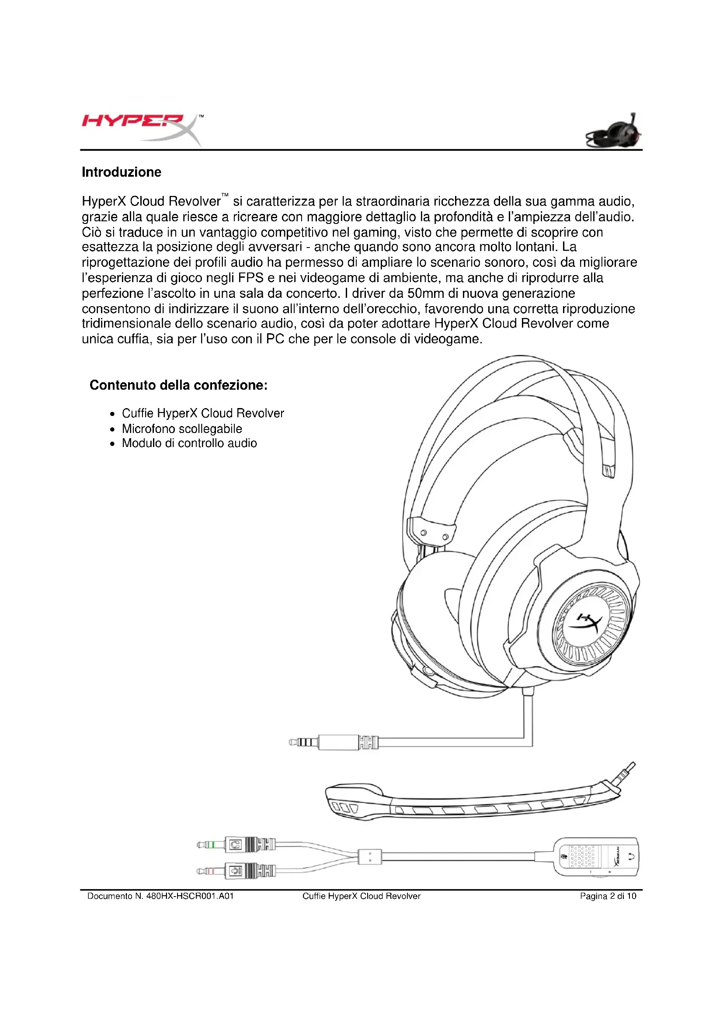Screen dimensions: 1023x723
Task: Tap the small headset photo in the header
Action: (x=614, y=132)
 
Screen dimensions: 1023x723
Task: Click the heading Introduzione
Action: (x=121, y=172)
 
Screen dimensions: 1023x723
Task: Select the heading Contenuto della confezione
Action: (x=178, y=385)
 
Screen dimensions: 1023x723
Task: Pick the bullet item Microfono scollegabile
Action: (x=182, y=429)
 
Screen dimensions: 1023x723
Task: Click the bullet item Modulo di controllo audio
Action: (x=189, y=443)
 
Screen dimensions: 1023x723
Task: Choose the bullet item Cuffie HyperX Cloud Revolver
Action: (x=202, y=413)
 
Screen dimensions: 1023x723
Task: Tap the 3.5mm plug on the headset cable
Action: (x=303, y=742)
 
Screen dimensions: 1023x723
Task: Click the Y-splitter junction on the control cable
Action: (x=369, y=856)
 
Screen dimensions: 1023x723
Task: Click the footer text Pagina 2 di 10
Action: (x=608, y=896)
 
